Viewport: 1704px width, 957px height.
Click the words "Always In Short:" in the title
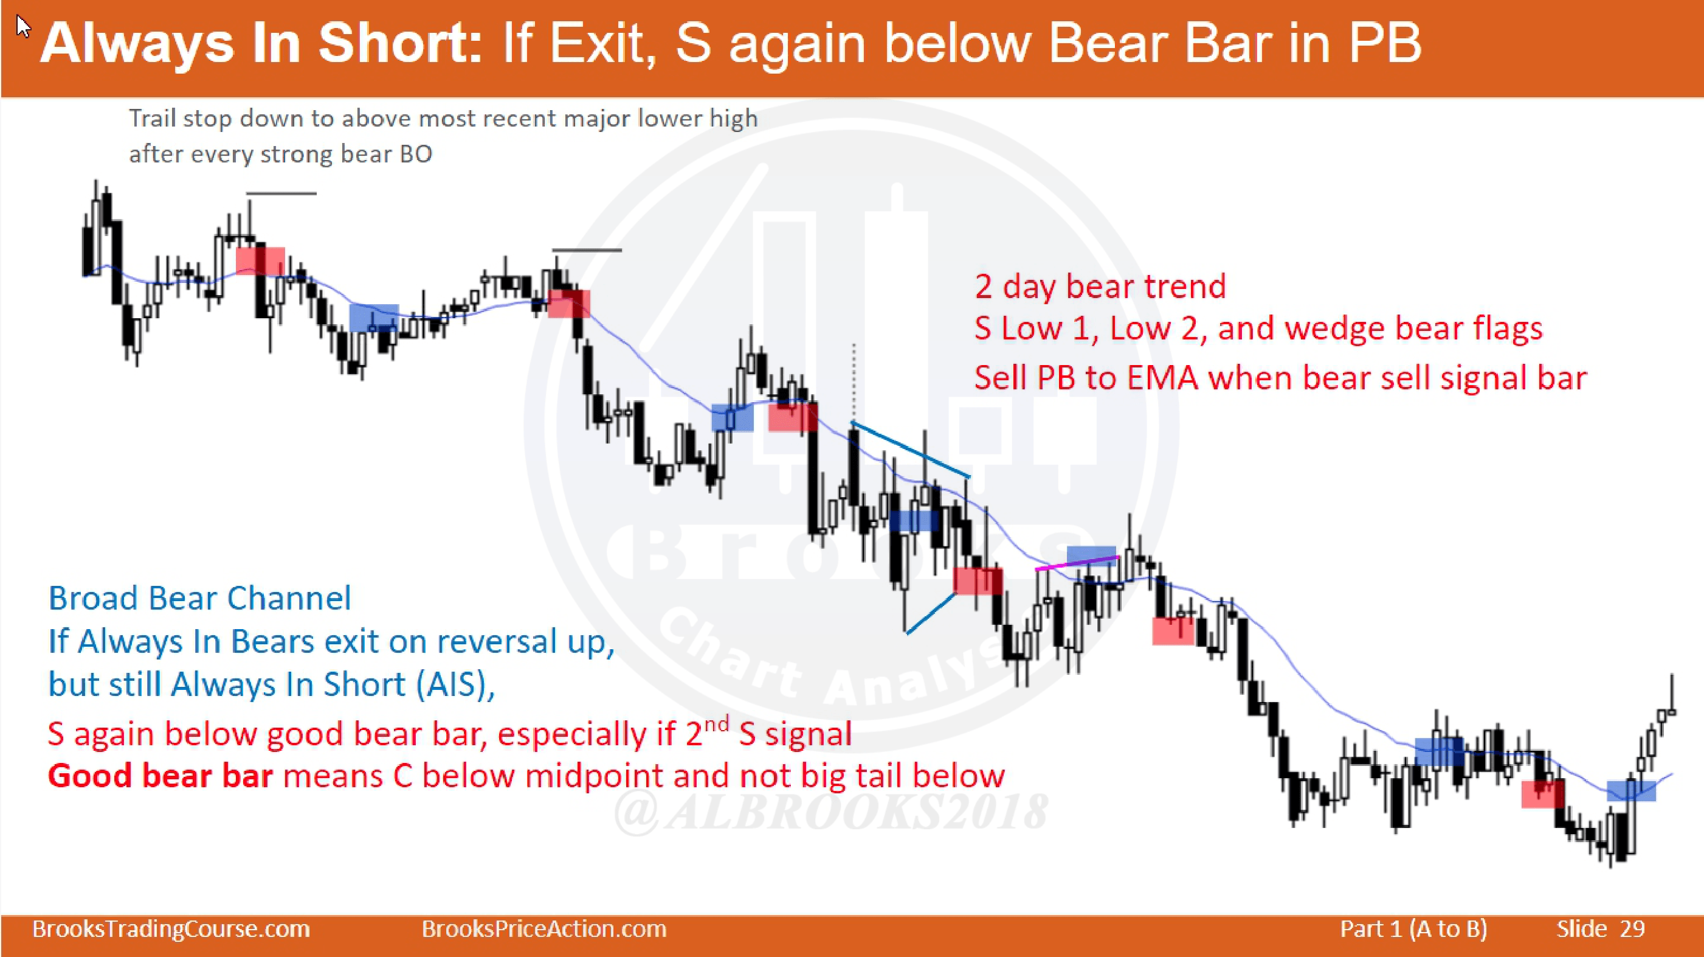pyautogui.click(x=262, y=44)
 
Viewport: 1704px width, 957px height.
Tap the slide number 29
pyautogui.click(x=1632, y=928)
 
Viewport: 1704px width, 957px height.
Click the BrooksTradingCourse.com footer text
pyautogui.click(x=171, y=928)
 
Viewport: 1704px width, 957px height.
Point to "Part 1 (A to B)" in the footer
pyautogui.click(x=1413, y=929)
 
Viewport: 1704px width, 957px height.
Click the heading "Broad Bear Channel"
pyautogui.click(x=200, y=598)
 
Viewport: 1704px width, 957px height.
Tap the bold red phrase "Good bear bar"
pyautogui.click(x=160, y=776)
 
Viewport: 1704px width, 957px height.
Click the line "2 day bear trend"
pyautogui.click(x=1100, y=287)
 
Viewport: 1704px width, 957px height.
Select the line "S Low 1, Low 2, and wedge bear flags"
pyautogui.click(x=1258, y=329)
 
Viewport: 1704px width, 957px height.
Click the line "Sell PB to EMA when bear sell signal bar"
pyautogui.click(x=1281, y=378)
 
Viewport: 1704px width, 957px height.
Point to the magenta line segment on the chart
pyautogui.click(x=1077, y=563)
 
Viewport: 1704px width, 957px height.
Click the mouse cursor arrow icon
pyautogui.click(x=23, y=27)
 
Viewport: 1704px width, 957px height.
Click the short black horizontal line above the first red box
pyautogui.click(x=281, y=194)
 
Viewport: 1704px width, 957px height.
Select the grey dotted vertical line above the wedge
pyautogui.click(x=854, y=381)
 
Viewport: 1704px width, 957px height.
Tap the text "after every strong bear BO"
pyautogui.click(x=280, y=154)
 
